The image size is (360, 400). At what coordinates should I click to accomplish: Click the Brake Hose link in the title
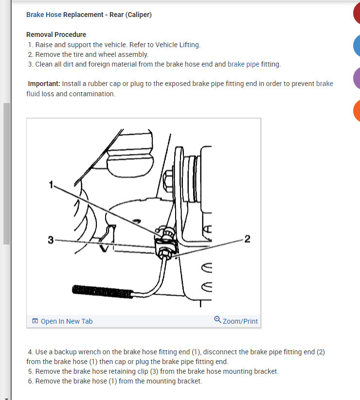click(x=44, y=15)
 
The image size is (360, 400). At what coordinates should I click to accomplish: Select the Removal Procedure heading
click(x=56, y=35)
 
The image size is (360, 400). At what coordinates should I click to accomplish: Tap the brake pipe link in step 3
click(x=243, y=64)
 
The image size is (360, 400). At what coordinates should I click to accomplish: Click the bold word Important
click(x=44, y=84)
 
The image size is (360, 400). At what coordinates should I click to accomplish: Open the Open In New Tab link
click(x=67, y=321)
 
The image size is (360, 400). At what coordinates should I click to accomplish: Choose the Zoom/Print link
click(x=240, y=321)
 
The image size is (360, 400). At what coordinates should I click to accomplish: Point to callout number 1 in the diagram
click(x=51, y=184)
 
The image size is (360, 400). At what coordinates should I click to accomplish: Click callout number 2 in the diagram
click(x=248, y=239)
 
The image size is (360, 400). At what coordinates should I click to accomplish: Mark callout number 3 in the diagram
click(x=51, y=240)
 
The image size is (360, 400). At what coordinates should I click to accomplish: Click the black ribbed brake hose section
click(x=102, y=291)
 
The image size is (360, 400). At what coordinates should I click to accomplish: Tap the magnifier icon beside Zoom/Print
click(x=217, y=319)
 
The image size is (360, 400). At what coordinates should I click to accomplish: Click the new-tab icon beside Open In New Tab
click(x=35, y=321)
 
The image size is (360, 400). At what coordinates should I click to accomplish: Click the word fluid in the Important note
click(x=33, y=94)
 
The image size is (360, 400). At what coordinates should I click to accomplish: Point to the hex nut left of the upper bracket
click(x=168, y=181)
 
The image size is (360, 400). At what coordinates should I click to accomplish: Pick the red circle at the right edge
click(x=357, y=13)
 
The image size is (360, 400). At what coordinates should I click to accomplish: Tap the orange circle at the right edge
click(x=357, y=111)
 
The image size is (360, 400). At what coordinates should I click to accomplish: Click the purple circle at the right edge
click(x=357, y=78)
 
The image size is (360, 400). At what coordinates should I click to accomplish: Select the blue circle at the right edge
click(x=357, y=46)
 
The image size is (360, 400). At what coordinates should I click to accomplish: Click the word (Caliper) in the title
click(x=138, y=15)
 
